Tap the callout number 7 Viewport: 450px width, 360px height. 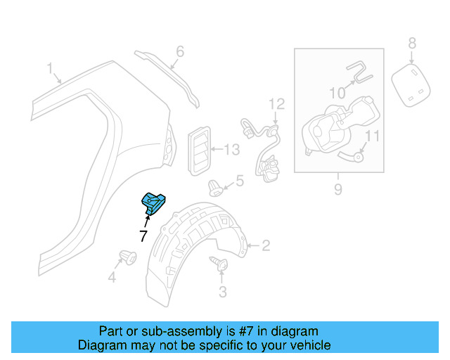[x=143, y=236]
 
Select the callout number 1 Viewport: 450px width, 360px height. [x=50, y=68]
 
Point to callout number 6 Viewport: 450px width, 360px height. [x=179, y=51]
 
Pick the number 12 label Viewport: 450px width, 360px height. [x=276, y=104]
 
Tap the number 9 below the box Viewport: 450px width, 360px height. [x=337, y=188]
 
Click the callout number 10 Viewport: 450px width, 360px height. [x=338, y=92]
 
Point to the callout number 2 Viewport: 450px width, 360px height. [x=265, y=246]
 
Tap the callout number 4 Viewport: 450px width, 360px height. [x=111, y=278]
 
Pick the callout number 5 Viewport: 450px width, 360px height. [x=239, y=181]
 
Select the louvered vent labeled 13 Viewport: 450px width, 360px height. [x=200, y=149]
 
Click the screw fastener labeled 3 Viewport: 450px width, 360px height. [x=219, y=264]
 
